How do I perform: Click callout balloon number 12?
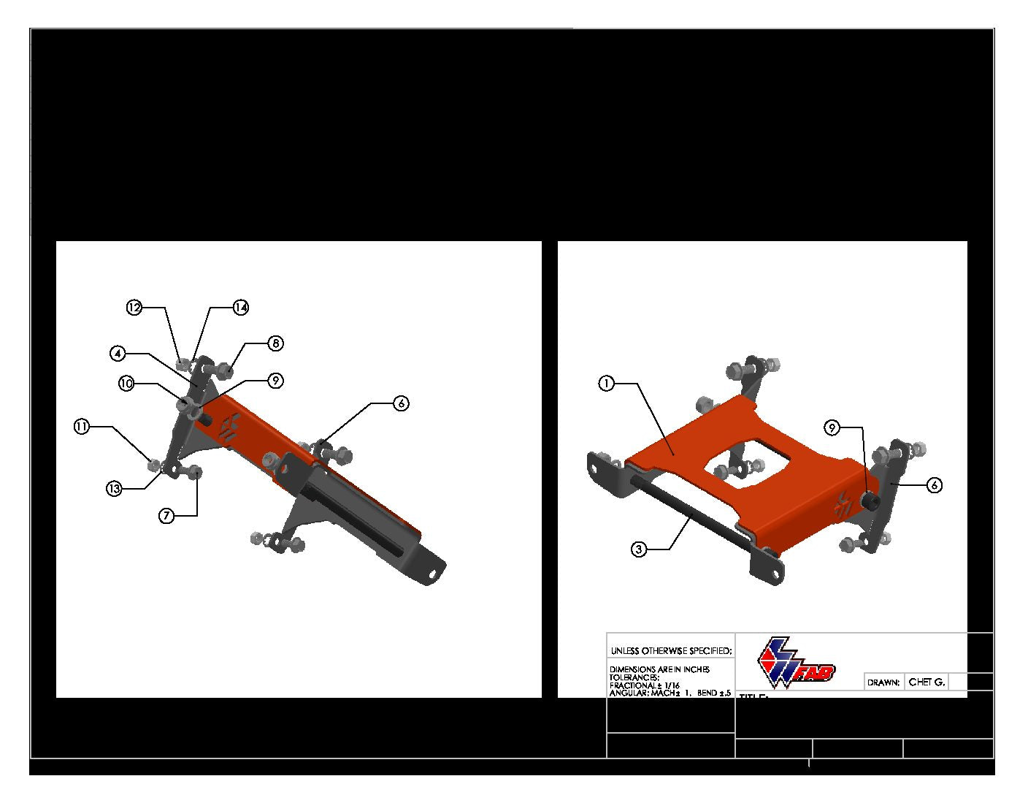coord(134,308)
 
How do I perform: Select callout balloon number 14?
coord(240,308)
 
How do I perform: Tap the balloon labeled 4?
coord(118,354)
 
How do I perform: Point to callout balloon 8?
coord(275,343)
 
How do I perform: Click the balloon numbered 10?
coord(127,384)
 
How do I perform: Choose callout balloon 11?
coord(81,427)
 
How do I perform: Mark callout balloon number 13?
coord(114,490)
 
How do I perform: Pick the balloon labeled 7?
coord(167,516)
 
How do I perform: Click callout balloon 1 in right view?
coord(606,383)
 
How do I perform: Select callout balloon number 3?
coord(639,549)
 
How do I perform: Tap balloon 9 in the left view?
coord(275,381)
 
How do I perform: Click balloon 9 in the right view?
coord(834,427)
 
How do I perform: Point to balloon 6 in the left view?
coord(401,403)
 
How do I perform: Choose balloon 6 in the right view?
coord(934,484)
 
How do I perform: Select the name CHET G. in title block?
coord(926,682)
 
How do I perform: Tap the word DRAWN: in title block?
coord(883,683)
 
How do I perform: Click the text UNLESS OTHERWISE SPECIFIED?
coord(671,651)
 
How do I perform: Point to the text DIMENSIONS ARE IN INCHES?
coord(659,669)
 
